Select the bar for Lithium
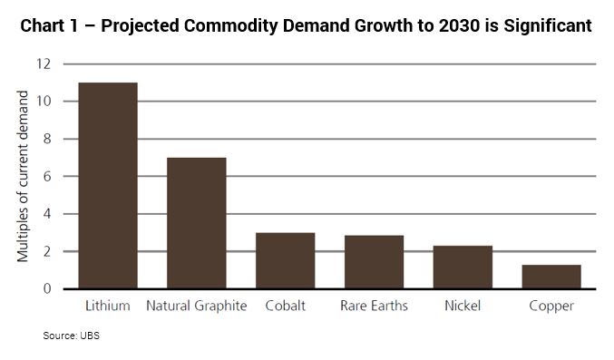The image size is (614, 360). click(x=108, y=186)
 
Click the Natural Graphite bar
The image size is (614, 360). click(x=197, y=223)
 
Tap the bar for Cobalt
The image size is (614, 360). click(x=286, y=261)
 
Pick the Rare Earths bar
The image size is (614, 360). click(x=374, y=262)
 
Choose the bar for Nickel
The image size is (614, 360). click(x=463, y=268)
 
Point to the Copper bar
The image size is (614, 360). click(x=551, y=277)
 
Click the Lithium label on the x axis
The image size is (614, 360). click(x=108, y=306)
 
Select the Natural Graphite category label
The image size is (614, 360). click(x=197, y=306)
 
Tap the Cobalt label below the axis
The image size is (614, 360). click(x=285, y=306)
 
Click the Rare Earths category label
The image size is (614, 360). click(x=374, y=306)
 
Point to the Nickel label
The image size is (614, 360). click(x=463, y=306)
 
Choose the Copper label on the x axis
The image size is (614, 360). click(x=551, y=306)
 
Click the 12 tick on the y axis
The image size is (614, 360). click(x=44, y=63)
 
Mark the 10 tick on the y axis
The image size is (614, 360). click(x=44, y=102)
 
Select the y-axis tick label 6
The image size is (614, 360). click(x=47, y=176)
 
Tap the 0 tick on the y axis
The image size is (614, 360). click(x=47, y=289)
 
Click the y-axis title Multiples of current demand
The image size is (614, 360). click(x=23, y=176)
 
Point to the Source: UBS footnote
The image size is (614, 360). click(x=72, y=336)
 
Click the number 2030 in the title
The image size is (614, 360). click(x=459, y=26)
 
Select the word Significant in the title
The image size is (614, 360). click(x=548, y=26)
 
